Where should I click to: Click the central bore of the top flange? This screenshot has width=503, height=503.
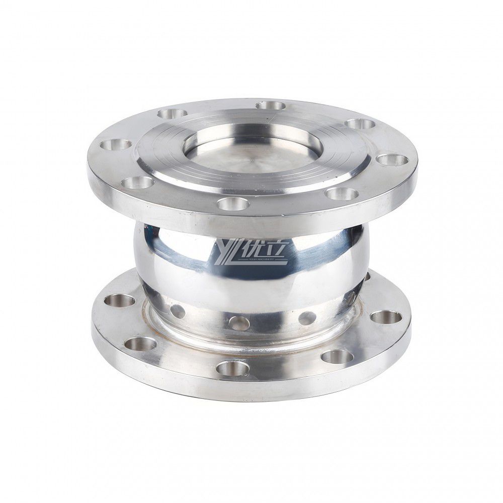point(251,151)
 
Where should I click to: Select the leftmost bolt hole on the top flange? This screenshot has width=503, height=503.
point(116,145)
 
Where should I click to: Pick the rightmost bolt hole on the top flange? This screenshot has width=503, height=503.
point(392,160)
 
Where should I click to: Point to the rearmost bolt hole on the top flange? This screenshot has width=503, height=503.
point(270,106)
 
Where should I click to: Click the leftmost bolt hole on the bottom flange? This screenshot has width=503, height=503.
point(120,300)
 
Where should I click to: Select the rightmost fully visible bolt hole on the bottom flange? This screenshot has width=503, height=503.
point(386,317)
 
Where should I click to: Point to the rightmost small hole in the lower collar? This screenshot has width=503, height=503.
point(307,318)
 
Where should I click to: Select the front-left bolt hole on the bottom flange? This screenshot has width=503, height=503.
point(140,344)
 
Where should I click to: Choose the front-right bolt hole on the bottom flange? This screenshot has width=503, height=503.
point(337,356)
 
